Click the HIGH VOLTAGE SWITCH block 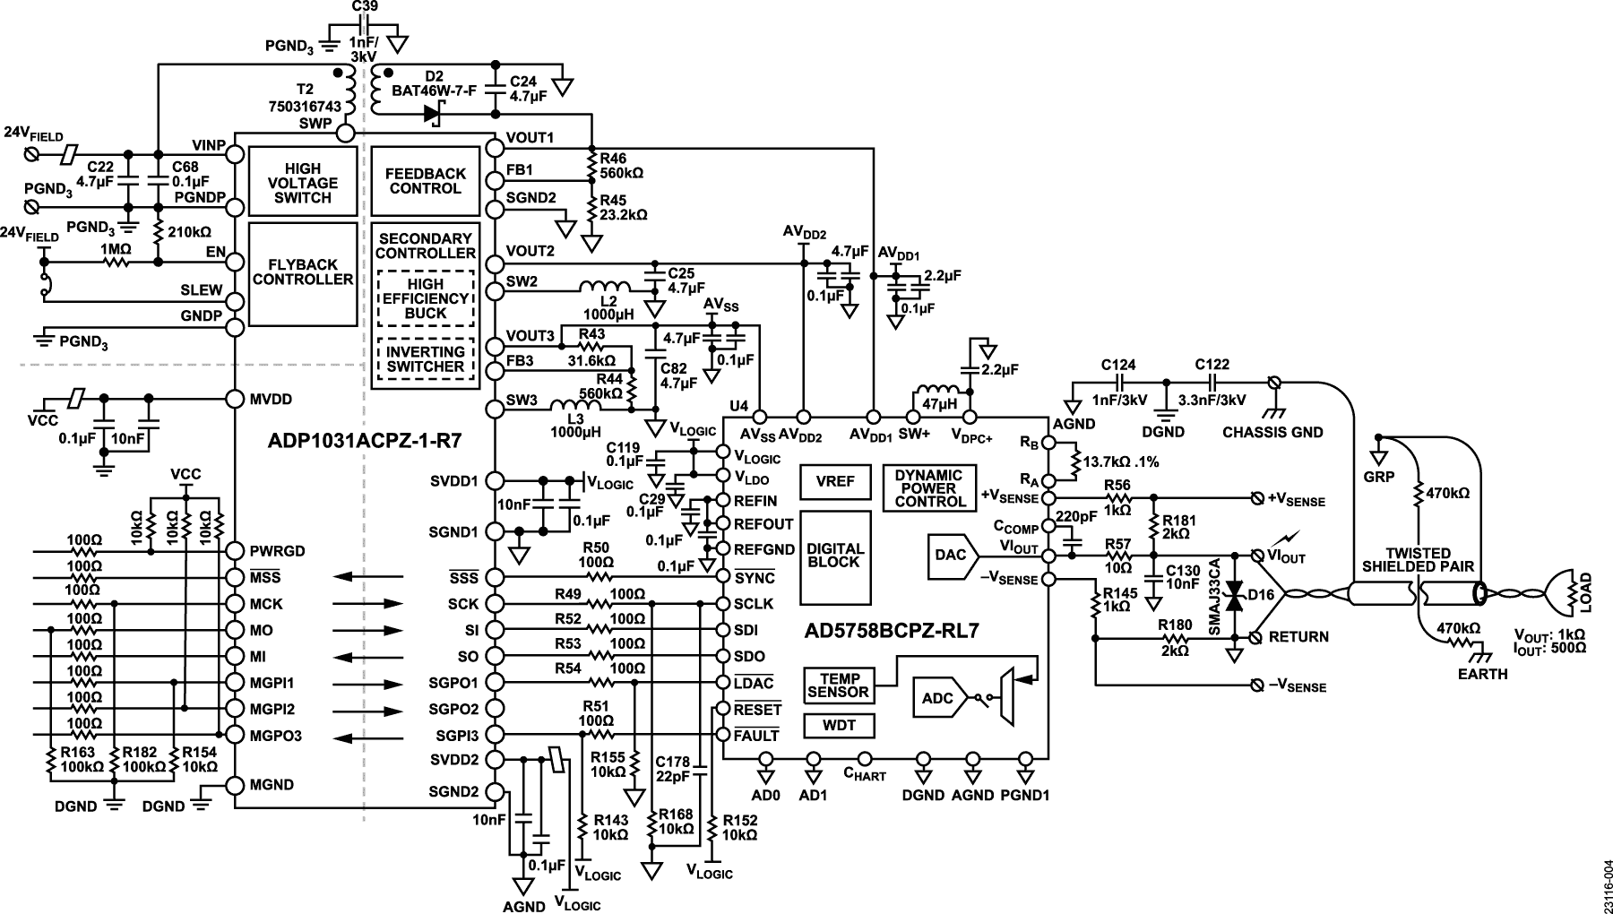point(302,182)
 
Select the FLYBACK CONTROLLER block point(302,274)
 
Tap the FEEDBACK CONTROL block point(426,182)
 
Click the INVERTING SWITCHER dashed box point(426,359)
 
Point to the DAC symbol point(953,556)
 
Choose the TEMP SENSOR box point(838,685)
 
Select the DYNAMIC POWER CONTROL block point(928,488)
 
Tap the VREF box point(835,481)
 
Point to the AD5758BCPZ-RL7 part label point(892,631)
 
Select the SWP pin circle point(345,133)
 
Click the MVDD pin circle point(235,399)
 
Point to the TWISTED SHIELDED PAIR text point(1418,560)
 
